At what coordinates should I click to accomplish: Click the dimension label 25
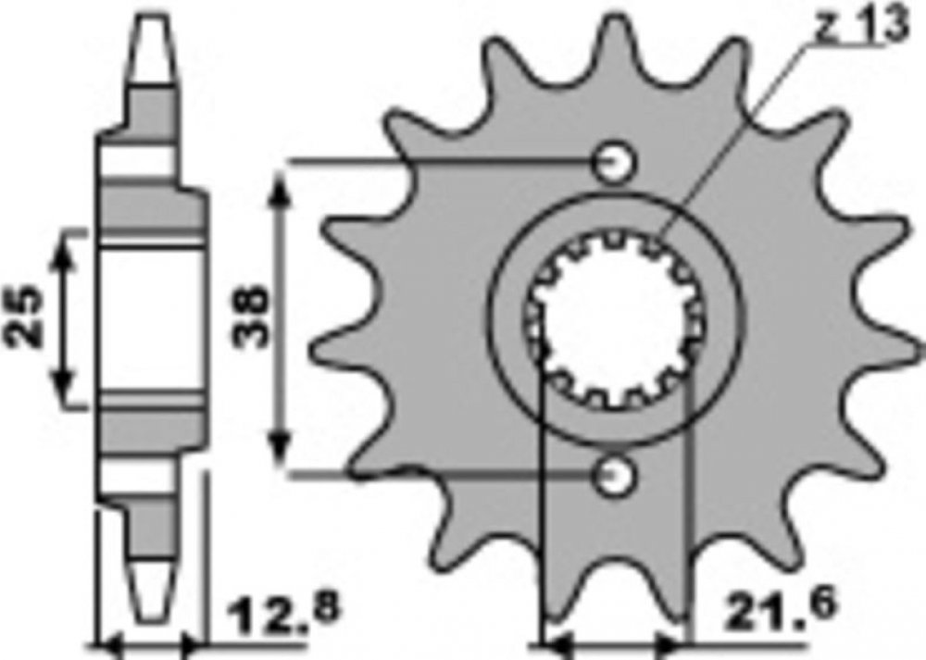tap(26, 316)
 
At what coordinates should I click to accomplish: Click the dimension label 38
tap(250, 317)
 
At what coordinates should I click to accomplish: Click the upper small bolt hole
tap(614, 161)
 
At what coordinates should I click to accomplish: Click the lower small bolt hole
tap(614, 475)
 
